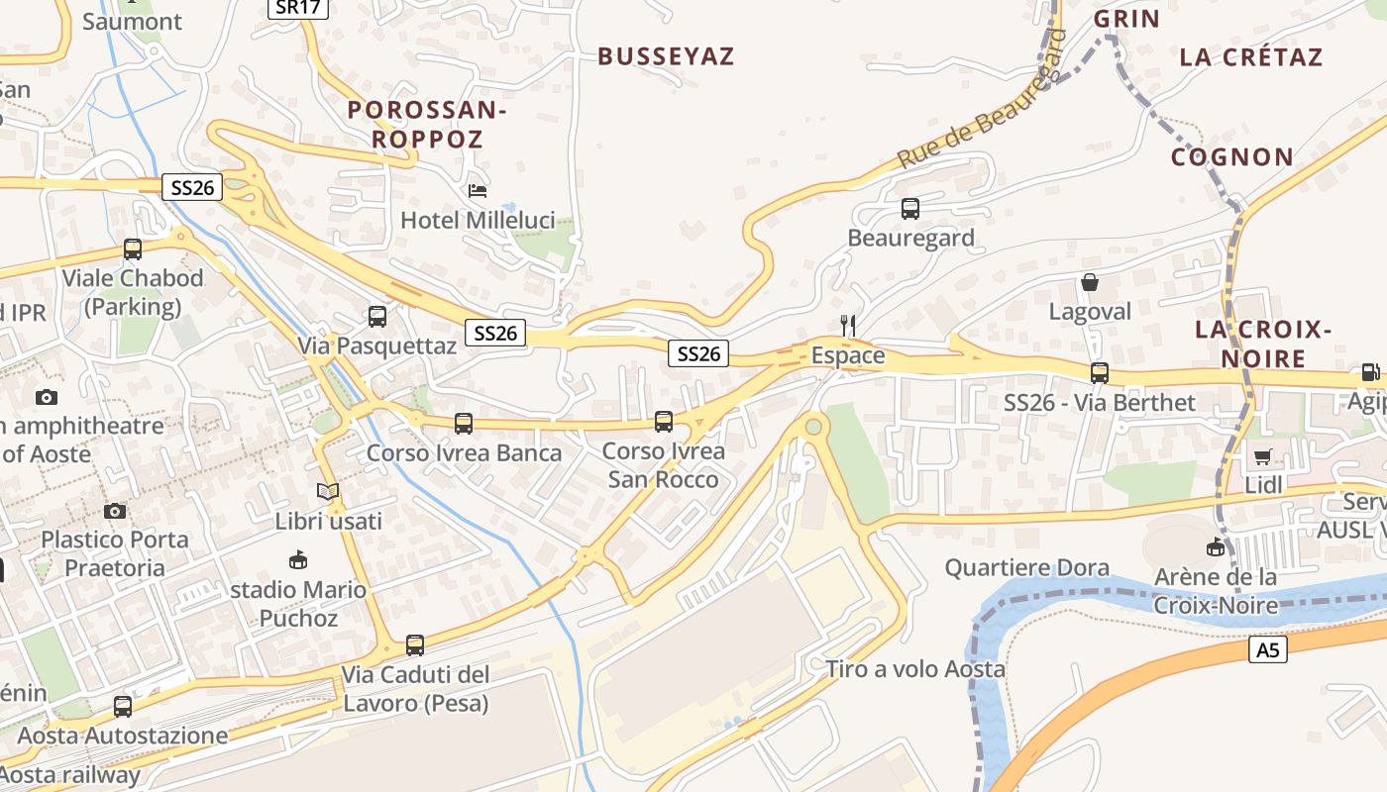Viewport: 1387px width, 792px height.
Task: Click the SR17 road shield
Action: (297, 8)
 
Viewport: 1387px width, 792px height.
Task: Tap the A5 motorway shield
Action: (1267, 649)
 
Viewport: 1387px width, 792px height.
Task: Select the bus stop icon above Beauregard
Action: (910, 209)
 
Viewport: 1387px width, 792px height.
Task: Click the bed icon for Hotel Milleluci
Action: (478, 190)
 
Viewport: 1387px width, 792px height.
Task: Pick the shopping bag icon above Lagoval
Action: (1090, 283)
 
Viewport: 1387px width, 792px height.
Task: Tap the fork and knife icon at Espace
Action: (847, 326)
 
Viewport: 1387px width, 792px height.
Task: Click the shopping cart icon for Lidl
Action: (1262, 457)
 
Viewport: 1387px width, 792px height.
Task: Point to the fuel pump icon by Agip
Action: (1370, 373)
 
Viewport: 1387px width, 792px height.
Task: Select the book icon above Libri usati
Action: (328, 491)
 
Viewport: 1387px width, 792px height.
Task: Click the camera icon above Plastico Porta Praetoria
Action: (115, 511)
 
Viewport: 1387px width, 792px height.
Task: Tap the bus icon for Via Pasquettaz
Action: (377, 317)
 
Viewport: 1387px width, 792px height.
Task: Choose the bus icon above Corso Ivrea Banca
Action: (463, 424)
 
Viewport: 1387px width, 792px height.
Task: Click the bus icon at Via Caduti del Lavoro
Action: (415, 645)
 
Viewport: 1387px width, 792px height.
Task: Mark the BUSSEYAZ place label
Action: (666, 56)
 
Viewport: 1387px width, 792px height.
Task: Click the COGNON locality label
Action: (1232, 157)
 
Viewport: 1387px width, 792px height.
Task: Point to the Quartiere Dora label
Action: (1026, 568)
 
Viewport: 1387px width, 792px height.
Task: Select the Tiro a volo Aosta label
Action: (915, 669)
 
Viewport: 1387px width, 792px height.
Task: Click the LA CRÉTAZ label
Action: (1250, 56)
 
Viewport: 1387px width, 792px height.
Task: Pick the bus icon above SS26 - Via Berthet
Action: (1100, 373)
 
